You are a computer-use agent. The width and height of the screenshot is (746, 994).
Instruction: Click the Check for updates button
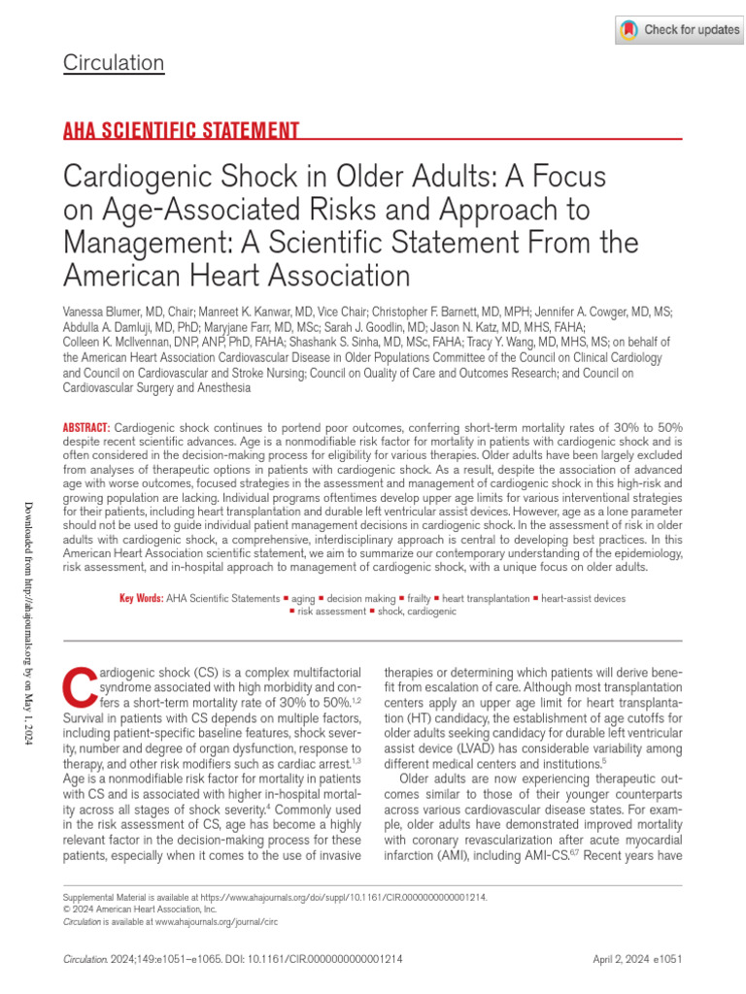[679, 30]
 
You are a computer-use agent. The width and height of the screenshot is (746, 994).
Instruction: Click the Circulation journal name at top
[114, 64]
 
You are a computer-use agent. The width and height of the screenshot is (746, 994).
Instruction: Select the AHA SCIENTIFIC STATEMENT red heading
[181, 131]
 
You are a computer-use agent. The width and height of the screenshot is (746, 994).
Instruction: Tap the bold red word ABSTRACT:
[86, 428]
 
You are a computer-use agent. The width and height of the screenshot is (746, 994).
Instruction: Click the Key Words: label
[141, 599]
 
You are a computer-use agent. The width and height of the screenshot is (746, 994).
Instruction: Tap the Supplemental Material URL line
[274, 899]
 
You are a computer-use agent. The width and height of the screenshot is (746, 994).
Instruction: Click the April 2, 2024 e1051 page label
[637, 958]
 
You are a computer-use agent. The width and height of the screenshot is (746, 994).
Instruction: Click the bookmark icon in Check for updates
[630, 30]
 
